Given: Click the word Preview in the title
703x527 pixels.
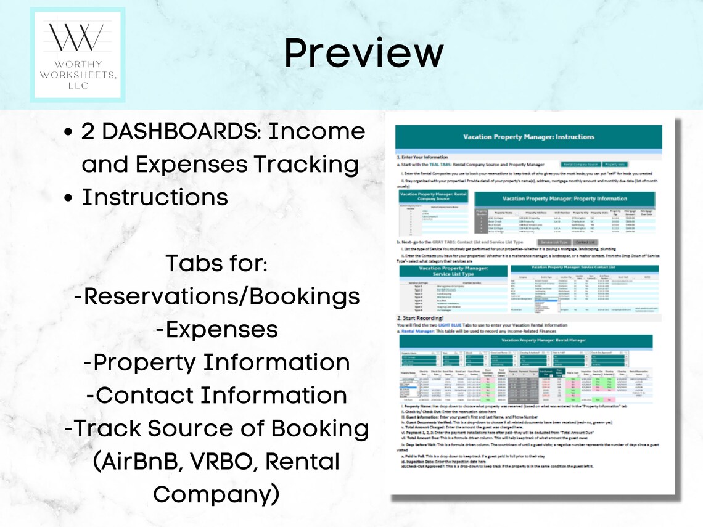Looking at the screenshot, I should [x=363, y=54].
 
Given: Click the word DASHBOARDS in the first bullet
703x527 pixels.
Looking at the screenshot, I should [x=179, y=131].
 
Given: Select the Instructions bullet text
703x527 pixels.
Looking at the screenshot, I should [x=155, y=197].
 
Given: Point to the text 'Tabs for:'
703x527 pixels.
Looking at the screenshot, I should [x=216, y=263].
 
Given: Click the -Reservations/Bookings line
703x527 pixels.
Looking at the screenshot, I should [x=216, y=296].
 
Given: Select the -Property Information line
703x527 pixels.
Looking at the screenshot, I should [x=216, y=362].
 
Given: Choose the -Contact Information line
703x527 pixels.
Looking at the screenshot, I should [x=216, y=395].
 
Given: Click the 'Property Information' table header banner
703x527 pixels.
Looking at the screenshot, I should [x=565, y=198].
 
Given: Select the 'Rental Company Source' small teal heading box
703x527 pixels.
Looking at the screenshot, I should [x=434, y=197].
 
